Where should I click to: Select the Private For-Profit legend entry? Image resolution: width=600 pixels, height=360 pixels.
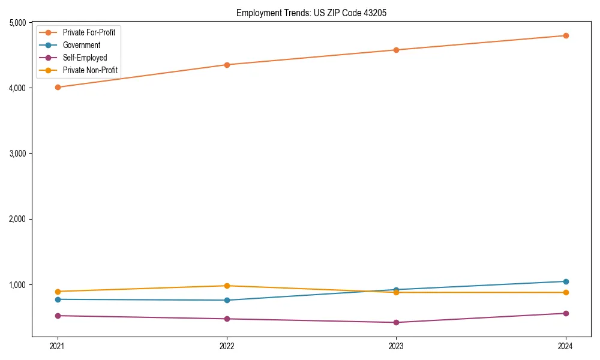(89, 32)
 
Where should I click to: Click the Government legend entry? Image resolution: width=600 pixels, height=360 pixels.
(82, 45)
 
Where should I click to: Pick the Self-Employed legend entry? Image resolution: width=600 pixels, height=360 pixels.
(85, 58)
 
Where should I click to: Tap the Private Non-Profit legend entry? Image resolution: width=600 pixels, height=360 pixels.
(90, 71)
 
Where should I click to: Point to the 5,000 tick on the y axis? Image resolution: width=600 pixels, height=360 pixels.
(17, 23)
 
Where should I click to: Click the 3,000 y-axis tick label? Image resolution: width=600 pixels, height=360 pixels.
(17, 154)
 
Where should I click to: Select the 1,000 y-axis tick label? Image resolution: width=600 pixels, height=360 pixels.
(17, 284)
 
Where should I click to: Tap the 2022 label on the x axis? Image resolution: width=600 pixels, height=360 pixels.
(227, 346)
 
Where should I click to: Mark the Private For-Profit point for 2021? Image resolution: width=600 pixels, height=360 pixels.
(58, 87)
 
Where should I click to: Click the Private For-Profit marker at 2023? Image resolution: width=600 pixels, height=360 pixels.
(396, 50)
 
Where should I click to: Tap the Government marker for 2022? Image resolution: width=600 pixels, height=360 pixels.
(227, 300)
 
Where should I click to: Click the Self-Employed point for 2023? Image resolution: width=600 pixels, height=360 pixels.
(396, 322)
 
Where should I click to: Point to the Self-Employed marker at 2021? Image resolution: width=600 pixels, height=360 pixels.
(58, 316)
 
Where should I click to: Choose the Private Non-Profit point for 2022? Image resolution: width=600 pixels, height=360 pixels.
(227, 286)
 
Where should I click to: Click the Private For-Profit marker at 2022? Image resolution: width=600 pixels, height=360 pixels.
(227, 65)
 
